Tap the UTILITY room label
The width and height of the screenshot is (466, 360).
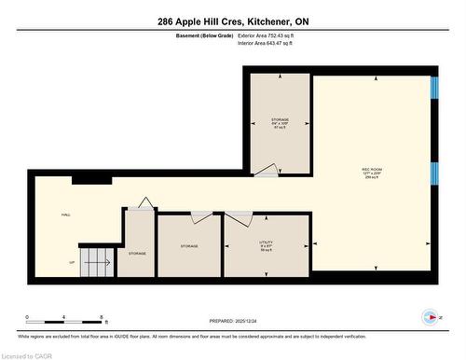266,245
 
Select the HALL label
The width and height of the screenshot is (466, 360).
65,215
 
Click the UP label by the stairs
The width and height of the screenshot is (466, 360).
73,263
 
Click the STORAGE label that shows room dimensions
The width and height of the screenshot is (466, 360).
280,124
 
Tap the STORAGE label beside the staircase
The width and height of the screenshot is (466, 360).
137,253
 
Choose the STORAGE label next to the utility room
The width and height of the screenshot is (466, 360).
190,246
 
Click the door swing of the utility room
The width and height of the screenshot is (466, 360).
240,218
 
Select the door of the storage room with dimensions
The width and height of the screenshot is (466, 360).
267,170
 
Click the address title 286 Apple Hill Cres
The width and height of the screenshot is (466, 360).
233,21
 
